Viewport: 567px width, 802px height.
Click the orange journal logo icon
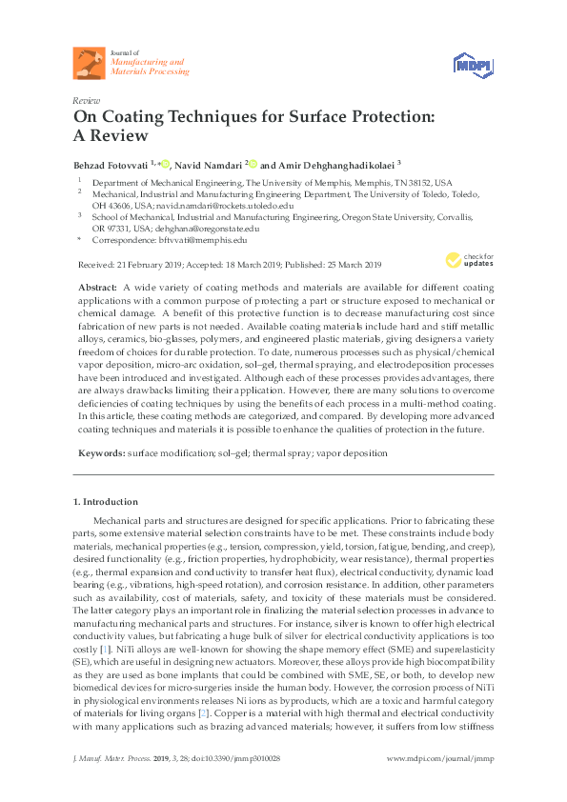89,63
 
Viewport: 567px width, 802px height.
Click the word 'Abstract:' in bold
97,287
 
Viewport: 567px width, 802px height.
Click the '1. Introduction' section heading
106,502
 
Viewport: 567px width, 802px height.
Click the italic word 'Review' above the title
86,100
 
